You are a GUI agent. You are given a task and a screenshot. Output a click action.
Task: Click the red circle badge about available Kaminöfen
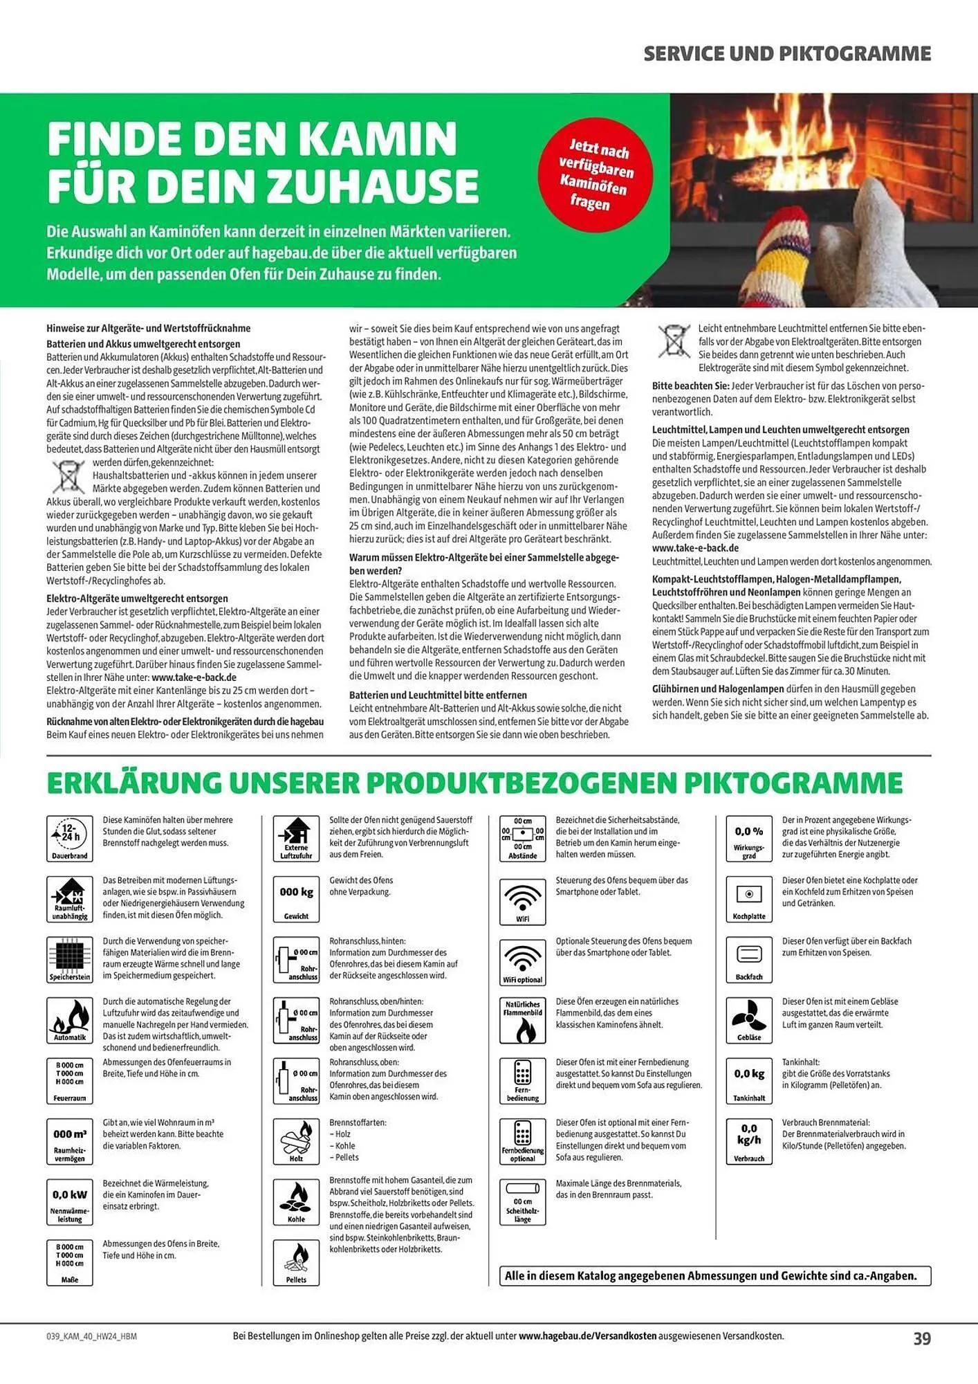[x=596, y=174]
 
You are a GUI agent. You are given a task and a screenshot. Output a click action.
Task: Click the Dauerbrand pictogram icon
[x=70, y=838]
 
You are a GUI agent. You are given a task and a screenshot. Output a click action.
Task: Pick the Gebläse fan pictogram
[x=749, y=1020]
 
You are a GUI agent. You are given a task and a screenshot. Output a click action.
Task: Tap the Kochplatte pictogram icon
[x=749, y=899]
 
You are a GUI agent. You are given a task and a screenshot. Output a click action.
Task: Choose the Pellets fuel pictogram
[x=296, y=1262]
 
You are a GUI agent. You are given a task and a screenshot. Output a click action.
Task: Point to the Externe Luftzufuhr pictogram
[x=296, y=838]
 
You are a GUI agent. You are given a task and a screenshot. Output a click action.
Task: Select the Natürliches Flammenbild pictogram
[x=522, y=1020]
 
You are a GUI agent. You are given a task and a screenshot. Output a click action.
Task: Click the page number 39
[x=922, y=1338]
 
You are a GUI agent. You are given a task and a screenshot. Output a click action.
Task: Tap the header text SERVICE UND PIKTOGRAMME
[x=787, y=54]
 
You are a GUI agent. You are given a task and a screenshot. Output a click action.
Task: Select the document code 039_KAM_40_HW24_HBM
[x=91, y=1336]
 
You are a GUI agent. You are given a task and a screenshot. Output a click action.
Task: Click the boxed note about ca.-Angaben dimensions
[x=714, y=1275]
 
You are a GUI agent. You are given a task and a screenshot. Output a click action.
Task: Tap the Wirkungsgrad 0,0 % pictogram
[x=749, y=838]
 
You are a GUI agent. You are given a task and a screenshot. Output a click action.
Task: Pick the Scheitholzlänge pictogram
[x=522, y=1201]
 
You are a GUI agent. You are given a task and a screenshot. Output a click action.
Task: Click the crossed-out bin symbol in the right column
[x=674, y=341]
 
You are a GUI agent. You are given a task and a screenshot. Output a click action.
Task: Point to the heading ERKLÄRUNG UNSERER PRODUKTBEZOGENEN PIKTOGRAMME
[x=474, y=783]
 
